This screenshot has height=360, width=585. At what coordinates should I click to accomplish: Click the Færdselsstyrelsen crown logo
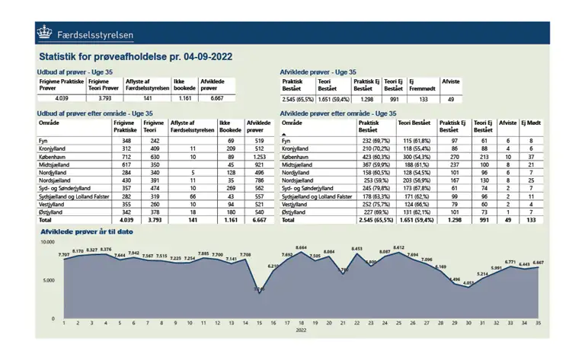coord(45,33)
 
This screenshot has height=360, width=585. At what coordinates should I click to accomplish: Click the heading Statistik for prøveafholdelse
coord(135,56)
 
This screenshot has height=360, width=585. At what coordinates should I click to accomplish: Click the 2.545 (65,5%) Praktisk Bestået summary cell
coord(298,99)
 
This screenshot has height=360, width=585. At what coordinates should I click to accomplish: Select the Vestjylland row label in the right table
coord(295,204)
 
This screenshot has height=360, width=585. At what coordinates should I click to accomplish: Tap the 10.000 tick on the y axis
coord(47,242)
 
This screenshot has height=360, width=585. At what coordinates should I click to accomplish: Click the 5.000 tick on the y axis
coord(48,280)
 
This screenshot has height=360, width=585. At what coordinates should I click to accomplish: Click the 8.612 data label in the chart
coord(398,247)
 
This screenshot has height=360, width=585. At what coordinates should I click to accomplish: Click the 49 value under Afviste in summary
coord(451,99)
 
